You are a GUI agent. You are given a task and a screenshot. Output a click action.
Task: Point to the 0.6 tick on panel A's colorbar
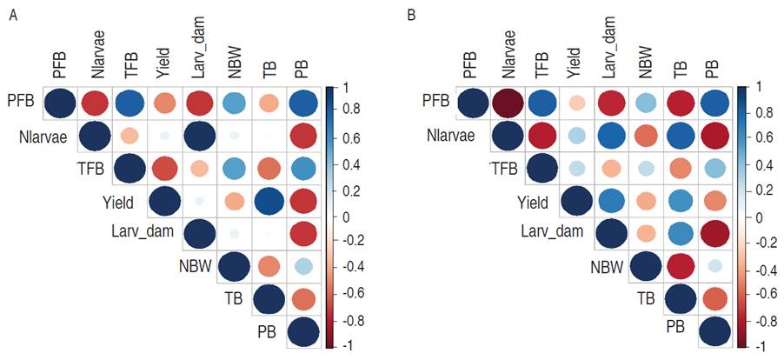342,138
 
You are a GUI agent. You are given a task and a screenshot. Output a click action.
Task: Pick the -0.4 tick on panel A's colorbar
342,268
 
